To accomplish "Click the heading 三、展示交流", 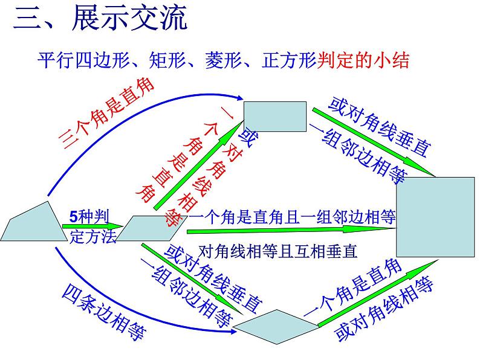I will [x=100, y=19].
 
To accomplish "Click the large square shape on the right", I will [x=435, y=217].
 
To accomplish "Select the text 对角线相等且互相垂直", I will [x=278, y=249].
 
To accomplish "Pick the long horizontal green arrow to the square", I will [x=290, y=230].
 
